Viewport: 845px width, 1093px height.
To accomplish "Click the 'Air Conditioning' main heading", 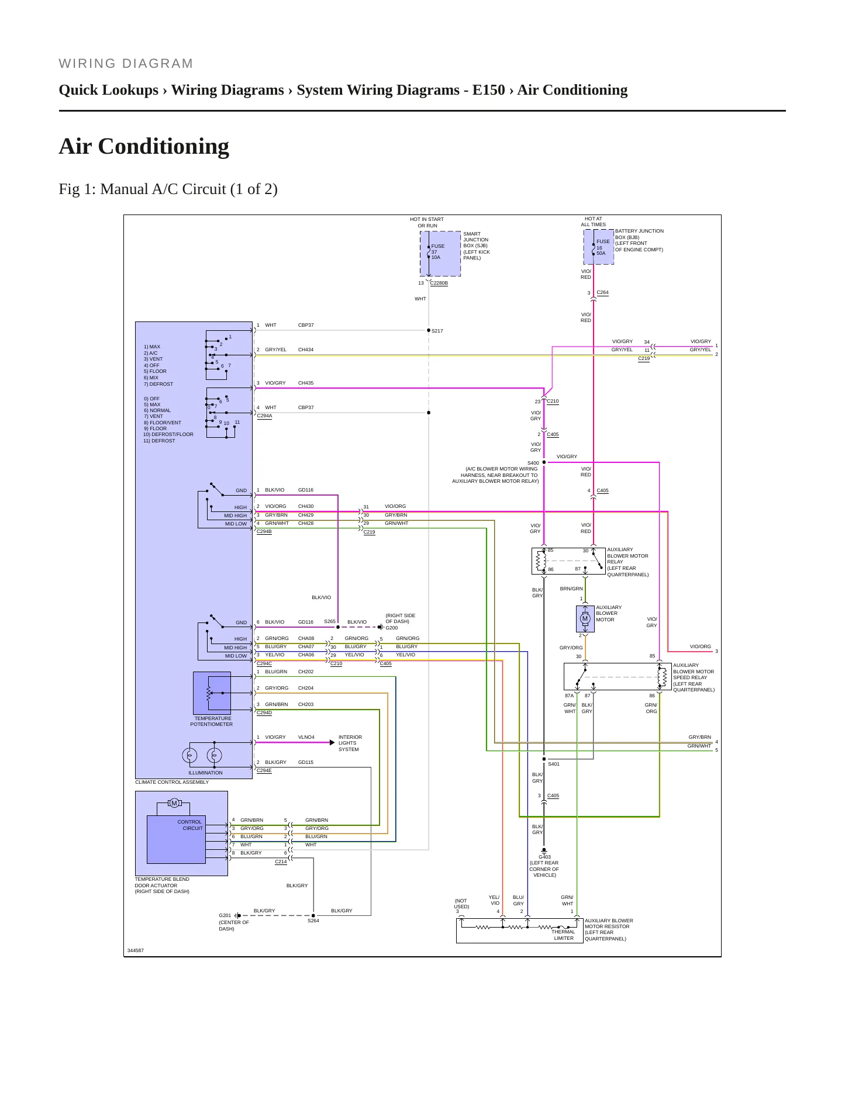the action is pyautogui.click(x=144, y=147).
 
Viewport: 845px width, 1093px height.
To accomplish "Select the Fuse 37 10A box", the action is pyautogui.click(x=440, y=253).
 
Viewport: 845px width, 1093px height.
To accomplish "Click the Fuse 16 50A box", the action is pyautogui.click(x=599, y=247).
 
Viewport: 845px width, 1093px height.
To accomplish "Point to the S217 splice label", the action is pyautogui.click(x=437, y=331).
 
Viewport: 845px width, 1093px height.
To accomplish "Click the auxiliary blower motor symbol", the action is pyautogui.click(x=585, y=618).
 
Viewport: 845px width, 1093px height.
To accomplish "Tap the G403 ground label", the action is pyautogui.click(x=544, y=857).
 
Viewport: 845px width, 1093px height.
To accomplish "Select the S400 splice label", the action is pyautogui.click(x=533, y=463).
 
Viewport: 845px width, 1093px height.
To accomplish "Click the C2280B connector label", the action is pyautogui.click(x=439, y=283).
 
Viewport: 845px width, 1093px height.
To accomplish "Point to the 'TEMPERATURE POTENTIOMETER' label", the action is pyautogui.click(x=212, y=721).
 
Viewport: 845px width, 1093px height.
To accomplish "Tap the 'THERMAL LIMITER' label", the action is pyautogui.click(x=564, y=935).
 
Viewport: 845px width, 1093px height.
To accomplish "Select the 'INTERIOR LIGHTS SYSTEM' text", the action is pyautogui.click(x=350, y=743).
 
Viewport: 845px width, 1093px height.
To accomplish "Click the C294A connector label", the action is pyautogui.click(x=264, y=416).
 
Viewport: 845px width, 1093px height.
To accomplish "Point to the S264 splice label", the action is pyautogui.click(x=313, y=921).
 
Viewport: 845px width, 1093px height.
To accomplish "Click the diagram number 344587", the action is pyautogui.click(x=136, y=950).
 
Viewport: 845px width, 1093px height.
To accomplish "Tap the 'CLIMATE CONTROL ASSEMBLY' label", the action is pyautogui.click(x=172, y=782).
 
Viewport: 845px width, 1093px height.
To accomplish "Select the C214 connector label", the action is pyautogui.click(x=281, y=862).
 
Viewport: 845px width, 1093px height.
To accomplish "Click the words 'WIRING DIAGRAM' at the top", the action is pyautogui.click(x=126, y=64).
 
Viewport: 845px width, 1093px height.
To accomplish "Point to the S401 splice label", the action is pyautogui.click(x=553, y=764).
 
